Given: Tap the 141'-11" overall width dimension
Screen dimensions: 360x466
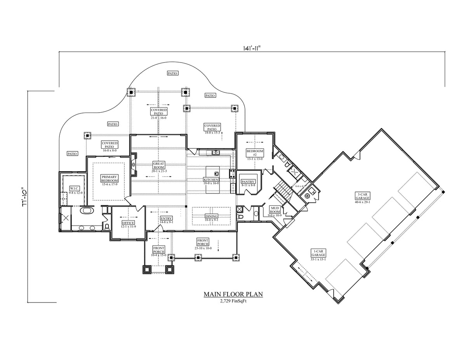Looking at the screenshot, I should (x=252, y=48).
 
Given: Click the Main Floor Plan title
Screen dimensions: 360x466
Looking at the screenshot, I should (x=233, y=294).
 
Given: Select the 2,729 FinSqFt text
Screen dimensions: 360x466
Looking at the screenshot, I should (x=233, y=301).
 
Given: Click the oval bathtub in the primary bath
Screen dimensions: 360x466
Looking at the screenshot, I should (x=87, y=211).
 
